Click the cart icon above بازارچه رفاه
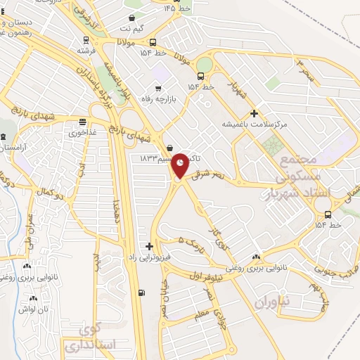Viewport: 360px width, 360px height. (158, 89)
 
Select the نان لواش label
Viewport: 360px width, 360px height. (33, 309)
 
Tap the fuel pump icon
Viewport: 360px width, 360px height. (143, 292)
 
